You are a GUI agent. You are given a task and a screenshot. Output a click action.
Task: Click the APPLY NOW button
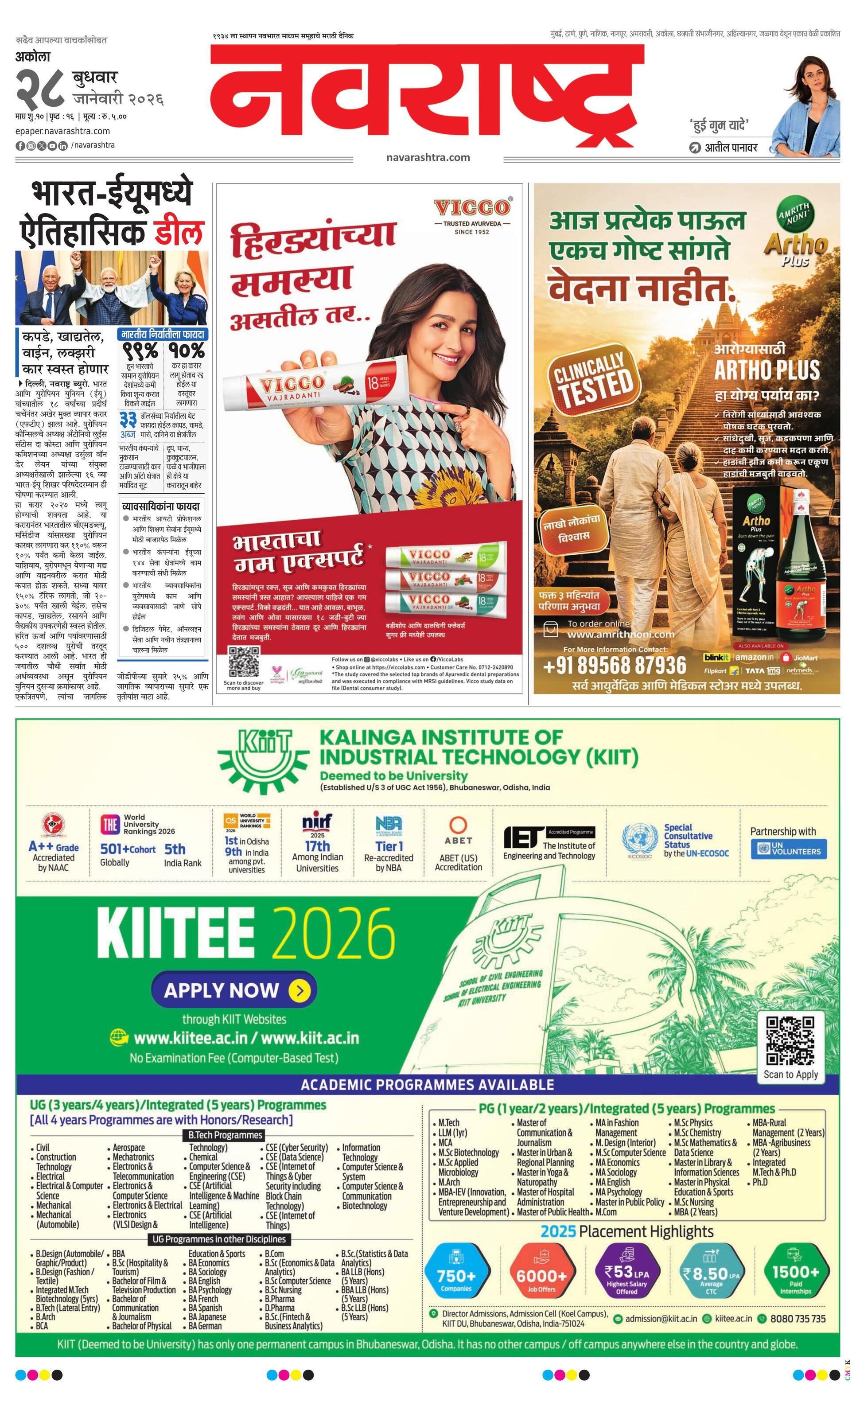click(x=234, y=990)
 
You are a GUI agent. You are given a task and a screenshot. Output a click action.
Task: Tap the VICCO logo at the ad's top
click(x=471, y=208)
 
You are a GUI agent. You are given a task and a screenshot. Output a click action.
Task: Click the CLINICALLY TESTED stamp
click(x=594, y=379)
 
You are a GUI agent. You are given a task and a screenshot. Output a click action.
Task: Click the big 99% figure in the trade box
click(x=140, y=351)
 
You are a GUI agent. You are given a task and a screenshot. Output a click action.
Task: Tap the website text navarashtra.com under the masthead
click(x=428, y=157)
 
